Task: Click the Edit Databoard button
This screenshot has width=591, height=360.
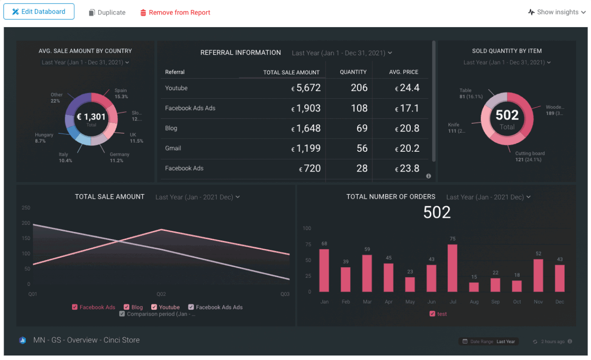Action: [x=39, y=12]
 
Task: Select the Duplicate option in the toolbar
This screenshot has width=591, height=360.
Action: [x=107, y=13]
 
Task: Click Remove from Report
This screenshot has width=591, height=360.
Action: [x=175, y=13]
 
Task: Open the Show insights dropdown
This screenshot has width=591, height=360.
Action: [x=557, y=12]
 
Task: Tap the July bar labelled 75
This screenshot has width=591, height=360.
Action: [x=452, y=268]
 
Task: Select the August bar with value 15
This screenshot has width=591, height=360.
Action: [x=474, y=287]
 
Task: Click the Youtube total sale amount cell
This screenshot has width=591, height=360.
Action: [x=306, y=88]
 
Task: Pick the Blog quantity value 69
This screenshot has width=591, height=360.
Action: [x=361, y=128]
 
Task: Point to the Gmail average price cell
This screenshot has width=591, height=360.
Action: [x=407, y=148]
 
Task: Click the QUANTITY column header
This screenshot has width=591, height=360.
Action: [x=353, y=72]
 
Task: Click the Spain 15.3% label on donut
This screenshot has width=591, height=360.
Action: [x=121, y=93]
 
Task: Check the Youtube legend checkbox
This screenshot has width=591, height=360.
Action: [x=154, y=307]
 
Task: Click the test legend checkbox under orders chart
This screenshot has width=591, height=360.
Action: [x=432, y=314]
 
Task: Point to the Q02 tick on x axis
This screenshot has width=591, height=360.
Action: [x=161, y=294]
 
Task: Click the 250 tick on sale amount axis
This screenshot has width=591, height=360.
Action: [x=26, y=208]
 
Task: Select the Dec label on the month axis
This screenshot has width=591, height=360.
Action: [x=560, y=302]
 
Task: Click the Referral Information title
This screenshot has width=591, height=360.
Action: [x=240, y=53]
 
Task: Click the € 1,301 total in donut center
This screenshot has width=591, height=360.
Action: [x=91, y=117]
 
